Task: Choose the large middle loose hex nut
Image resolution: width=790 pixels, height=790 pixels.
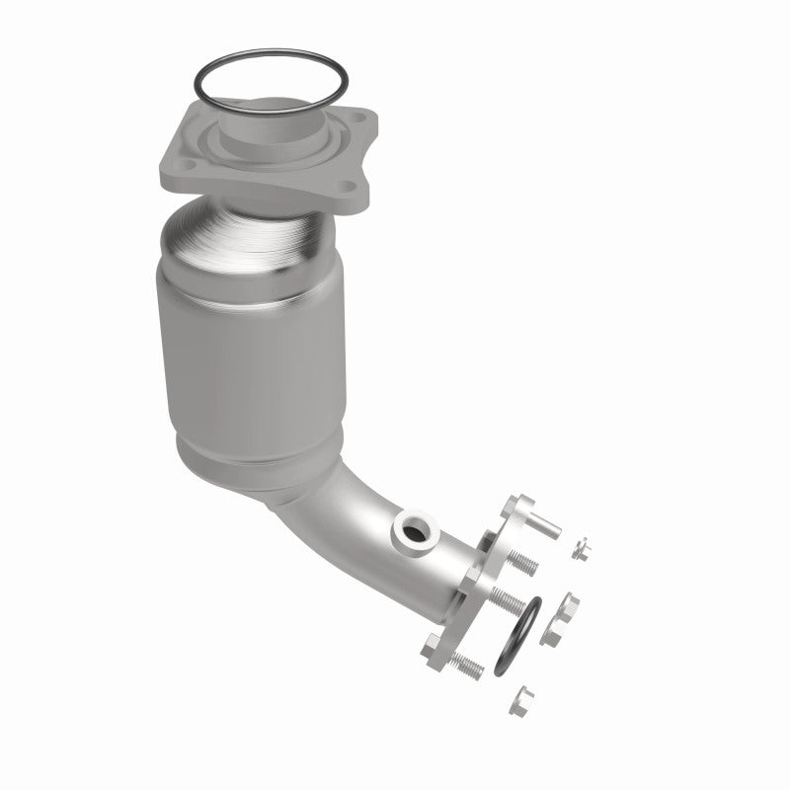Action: pos(570,607)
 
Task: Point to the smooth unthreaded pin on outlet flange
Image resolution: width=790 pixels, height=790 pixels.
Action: pos(541,524)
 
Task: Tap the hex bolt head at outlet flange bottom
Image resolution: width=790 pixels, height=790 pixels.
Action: pos(435,650)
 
